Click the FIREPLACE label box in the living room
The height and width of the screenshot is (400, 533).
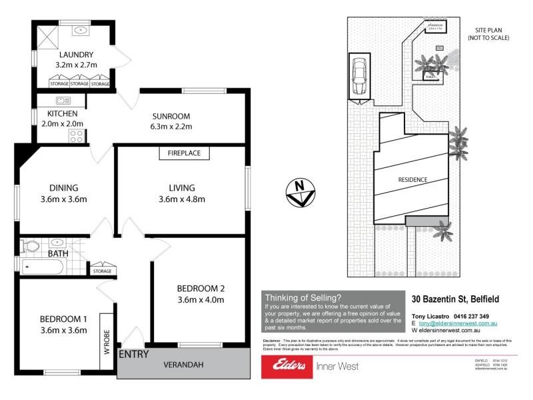click(x=185, y=153)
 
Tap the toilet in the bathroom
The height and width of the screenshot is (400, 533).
click(x=30, y=246)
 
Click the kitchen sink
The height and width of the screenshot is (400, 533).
click(x=64, y=101)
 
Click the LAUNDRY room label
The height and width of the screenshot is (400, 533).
click(x=76, y=55)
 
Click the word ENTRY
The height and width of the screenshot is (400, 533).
click(x=133, y=354)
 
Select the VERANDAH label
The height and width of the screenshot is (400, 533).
click(x=184, y=365)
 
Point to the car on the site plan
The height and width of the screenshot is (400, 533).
click(x=358, y=75)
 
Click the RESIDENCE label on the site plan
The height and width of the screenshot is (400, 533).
click(x=412, y=179)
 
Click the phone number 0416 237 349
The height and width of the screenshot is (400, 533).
click(x=470, y=316)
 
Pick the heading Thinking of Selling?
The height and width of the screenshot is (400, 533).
click(x=303, y=297)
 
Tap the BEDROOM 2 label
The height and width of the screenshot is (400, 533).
click(x=201, y=289)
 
